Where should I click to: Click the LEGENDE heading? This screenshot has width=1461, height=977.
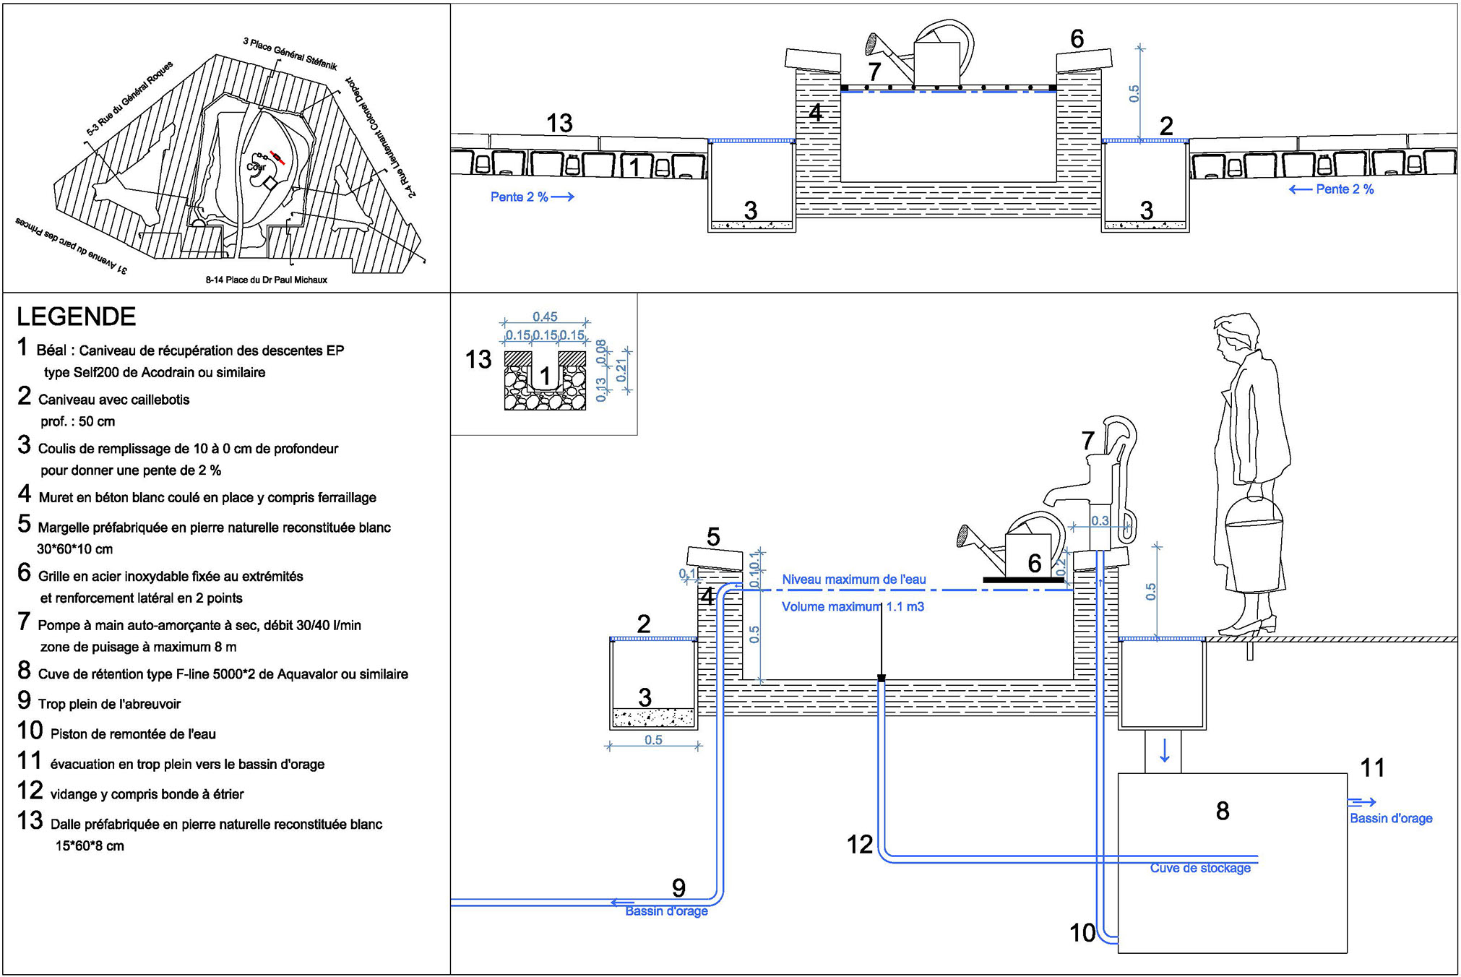(76, 317)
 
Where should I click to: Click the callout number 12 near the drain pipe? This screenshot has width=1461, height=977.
(860, 844)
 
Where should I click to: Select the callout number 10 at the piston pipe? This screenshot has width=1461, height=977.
(1082, 933)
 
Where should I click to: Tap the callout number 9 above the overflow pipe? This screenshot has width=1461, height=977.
(678, 887)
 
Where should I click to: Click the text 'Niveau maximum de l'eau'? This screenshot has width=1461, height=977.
(853, 580)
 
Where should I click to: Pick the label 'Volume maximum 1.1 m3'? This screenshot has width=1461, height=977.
(853, 607)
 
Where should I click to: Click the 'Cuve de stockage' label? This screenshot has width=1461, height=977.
(1199, 868)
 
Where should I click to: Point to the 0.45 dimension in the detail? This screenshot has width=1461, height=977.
(545, 317)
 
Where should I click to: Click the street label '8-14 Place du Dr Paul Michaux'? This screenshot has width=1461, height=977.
(266, 280)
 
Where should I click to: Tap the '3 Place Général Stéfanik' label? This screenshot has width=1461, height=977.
(290, 54)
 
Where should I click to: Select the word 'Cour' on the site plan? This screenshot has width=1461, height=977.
(256, 167)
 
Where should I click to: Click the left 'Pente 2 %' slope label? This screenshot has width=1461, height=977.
(532, 197)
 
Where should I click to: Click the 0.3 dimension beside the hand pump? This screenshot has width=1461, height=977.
(1100, 521)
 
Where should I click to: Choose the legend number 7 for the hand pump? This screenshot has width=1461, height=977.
(24, 621)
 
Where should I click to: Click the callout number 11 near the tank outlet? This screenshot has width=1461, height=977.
(1372, 767)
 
